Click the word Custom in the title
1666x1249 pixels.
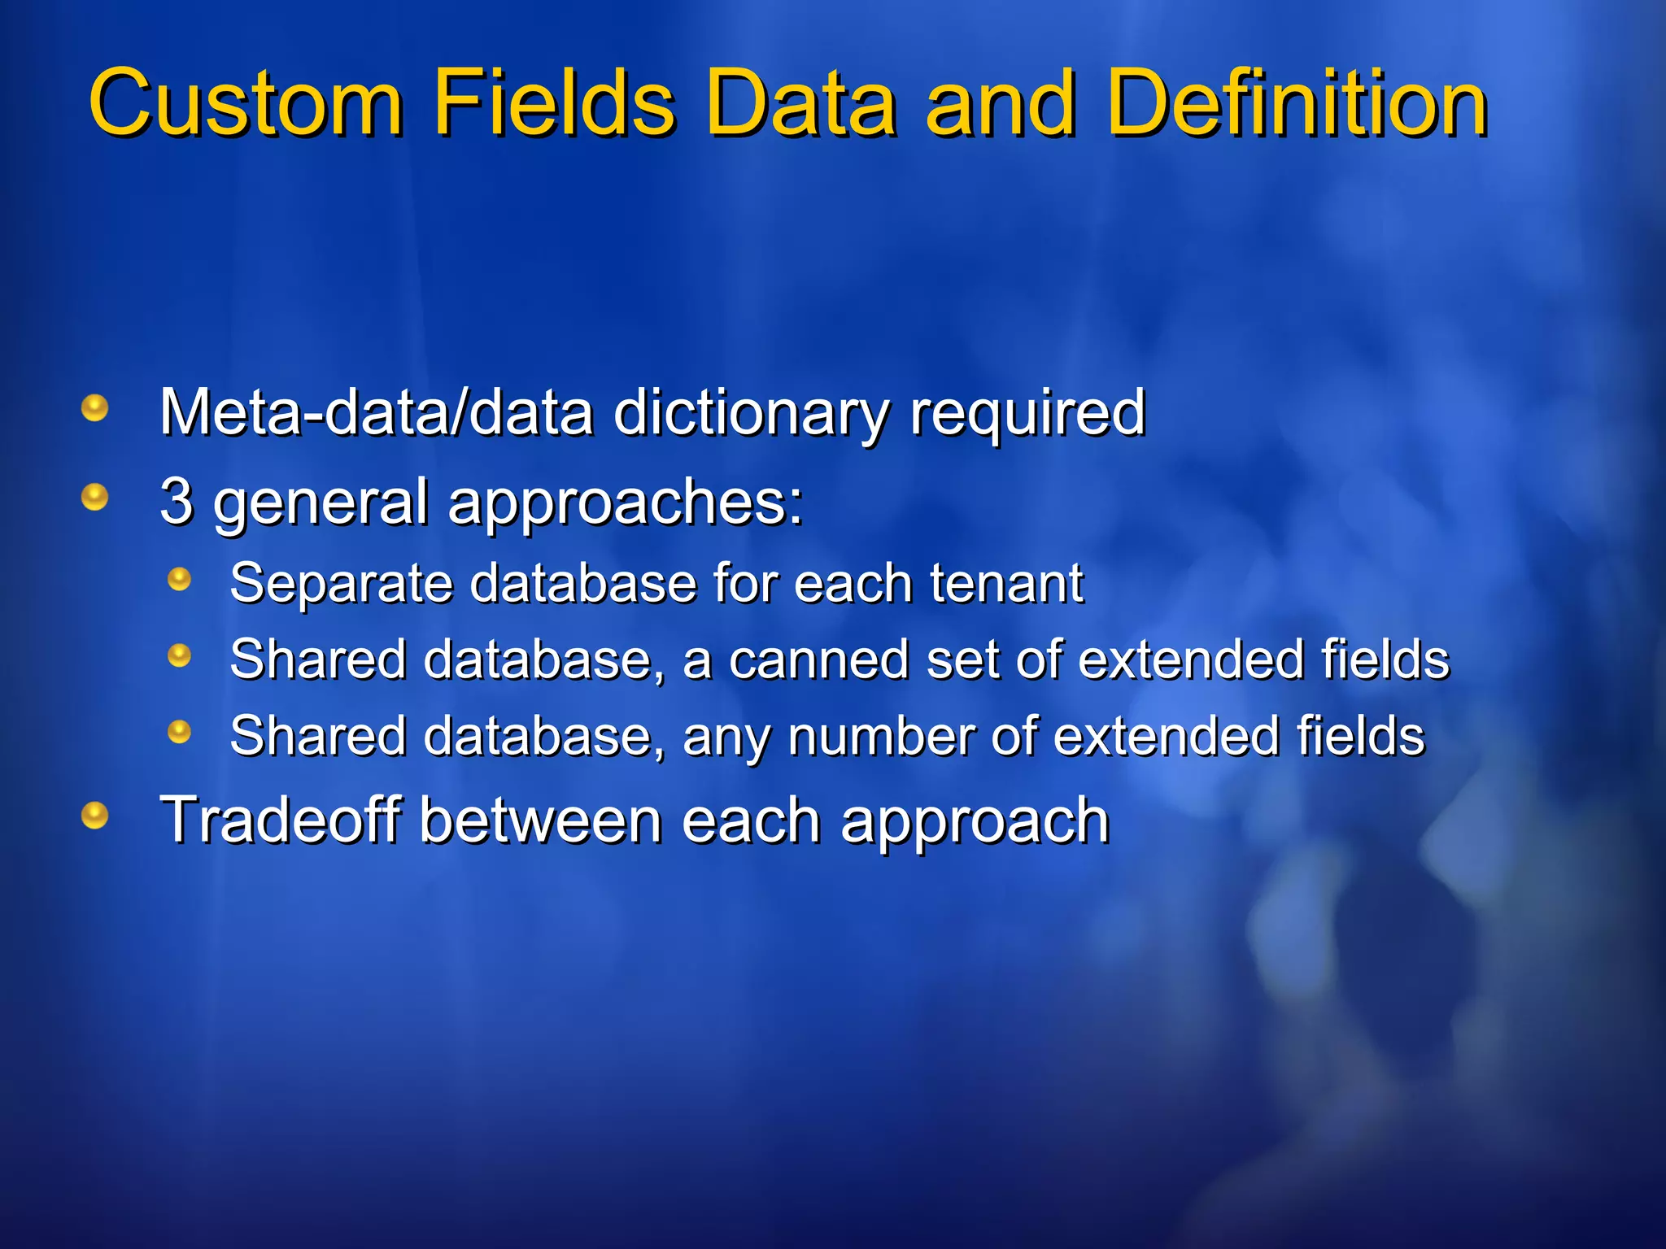point(246,103)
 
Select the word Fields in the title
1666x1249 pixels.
point(553,103)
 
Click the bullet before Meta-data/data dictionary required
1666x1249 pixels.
point(95,407)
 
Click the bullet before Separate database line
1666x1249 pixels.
point(179,579)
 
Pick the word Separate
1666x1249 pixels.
point(341,585)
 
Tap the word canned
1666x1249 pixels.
point(818,659)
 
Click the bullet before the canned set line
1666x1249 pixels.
point(179,655)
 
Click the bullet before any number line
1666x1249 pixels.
point(179,732)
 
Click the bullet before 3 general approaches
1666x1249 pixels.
point(95,496)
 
